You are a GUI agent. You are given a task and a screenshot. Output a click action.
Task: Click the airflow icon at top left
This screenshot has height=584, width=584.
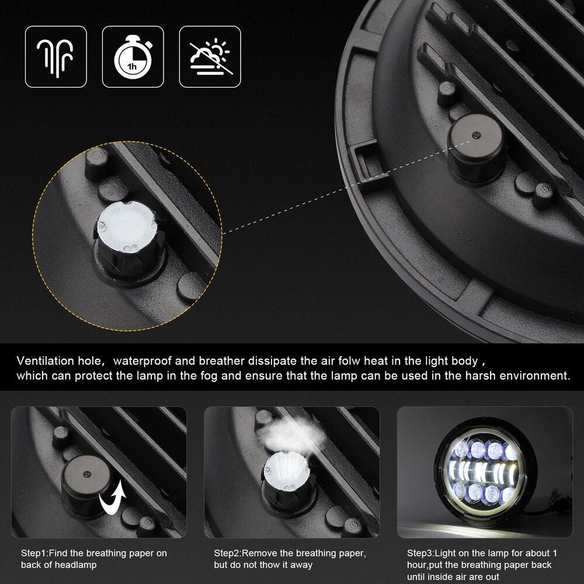55,57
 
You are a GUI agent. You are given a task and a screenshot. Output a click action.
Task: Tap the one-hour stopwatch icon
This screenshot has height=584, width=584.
133,57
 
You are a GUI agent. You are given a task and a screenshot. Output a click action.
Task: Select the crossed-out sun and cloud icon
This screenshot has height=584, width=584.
210,57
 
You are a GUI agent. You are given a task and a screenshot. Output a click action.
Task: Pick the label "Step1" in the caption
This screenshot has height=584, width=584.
34,553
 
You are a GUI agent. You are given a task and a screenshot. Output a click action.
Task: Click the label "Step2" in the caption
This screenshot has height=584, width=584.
227,553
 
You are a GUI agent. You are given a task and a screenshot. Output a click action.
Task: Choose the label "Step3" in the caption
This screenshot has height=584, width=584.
420,553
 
